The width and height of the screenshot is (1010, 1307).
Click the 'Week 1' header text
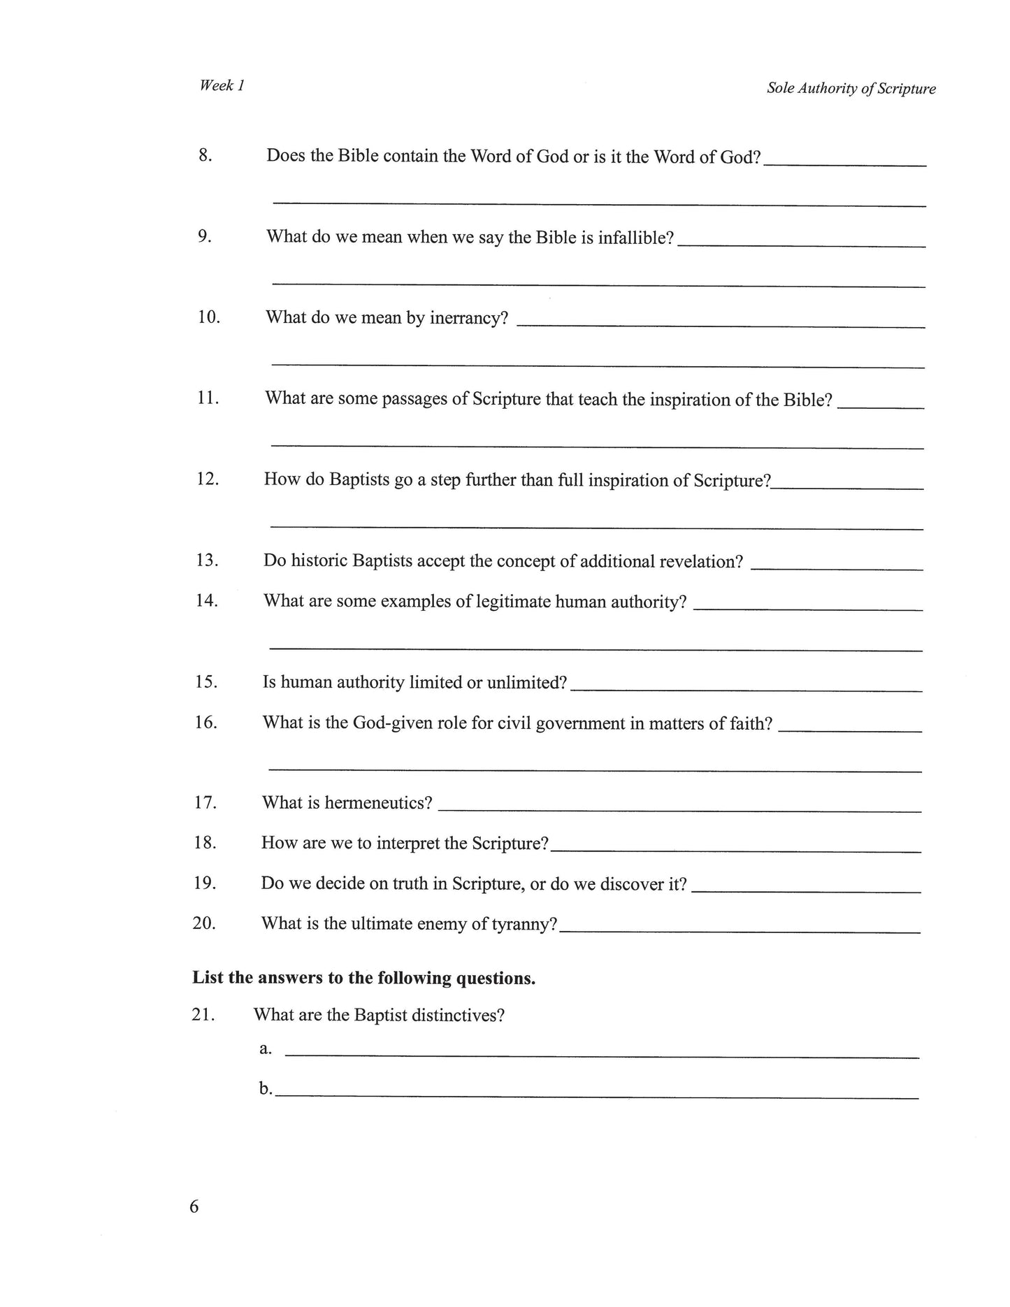pyautogui.click(x=222, y=85)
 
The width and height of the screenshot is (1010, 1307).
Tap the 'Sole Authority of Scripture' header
pyautogui.click(x=851, y=89)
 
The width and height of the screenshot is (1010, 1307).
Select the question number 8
pyautogui.click(x=205, y=155)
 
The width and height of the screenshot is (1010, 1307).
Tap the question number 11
pyautogui.click(x=208, y=398)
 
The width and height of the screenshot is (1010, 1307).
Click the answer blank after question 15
pyautogui.click(x=746, y=688)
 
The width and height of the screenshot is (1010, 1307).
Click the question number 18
pyautogui.click(x=205, y=843)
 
